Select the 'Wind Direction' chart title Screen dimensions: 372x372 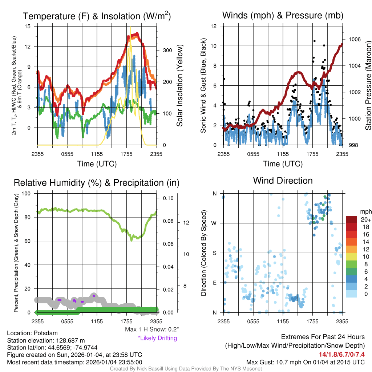[x=283, y=181]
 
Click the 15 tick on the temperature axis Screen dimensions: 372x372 [x=28, y=26]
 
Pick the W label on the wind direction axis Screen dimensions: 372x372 [x=214, y=223]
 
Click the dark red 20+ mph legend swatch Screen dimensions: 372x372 [x=352, y=220]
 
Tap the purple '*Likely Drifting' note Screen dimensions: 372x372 [x=157, y=338]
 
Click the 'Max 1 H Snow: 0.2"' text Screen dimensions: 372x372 [x=151, y=329]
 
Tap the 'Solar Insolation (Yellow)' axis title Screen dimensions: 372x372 [x=179, y=86]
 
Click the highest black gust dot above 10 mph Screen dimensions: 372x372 [x=314, y=41]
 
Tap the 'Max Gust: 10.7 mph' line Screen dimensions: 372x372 [x=305, y=362]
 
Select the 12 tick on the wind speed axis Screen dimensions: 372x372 [x=214, y=26]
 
